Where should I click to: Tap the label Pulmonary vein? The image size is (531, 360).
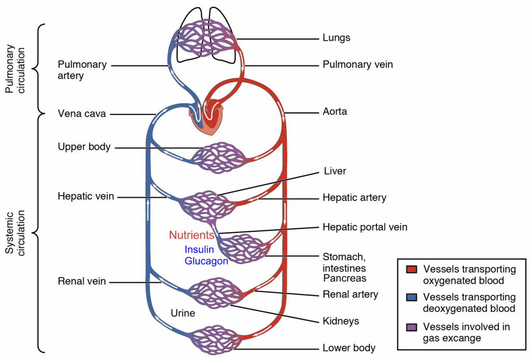click(358, 65)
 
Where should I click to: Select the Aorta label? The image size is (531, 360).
click(335, 112)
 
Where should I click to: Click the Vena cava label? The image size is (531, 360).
click(82, 114)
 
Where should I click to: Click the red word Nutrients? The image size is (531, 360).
click(191, 235)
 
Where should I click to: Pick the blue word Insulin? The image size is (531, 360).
click(199, 249)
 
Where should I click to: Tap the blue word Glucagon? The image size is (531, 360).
click(206, 261)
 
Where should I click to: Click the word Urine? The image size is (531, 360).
click(183, 313)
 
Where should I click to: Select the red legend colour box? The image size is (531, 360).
click(412, 269)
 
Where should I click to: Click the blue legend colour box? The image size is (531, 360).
click(412, 297)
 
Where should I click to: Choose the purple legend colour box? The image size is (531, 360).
click(412, 327)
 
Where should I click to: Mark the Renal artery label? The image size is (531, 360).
click(351, 295)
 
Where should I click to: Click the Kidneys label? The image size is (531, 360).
click(341, 321)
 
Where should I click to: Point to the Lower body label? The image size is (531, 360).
click(349, 348)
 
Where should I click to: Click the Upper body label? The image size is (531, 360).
click(84, 147)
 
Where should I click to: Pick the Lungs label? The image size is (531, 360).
click(337, 38)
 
